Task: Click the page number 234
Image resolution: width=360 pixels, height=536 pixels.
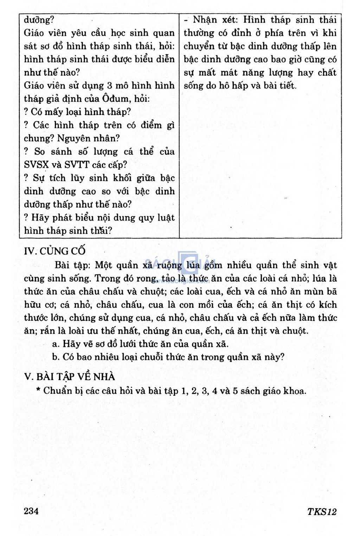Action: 31,511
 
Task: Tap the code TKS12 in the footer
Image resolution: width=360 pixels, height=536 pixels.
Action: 322,512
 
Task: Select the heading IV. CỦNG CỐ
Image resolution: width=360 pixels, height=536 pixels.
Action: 54,251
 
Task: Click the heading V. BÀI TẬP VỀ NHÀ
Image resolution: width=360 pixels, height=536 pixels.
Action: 70,377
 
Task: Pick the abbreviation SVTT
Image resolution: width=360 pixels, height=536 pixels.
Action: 77,165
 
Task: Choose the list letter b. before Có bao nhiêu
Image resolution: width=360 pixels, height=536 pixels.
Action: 56,357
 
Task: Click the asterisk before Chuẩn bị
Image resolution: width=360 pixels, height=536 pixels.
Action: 38,390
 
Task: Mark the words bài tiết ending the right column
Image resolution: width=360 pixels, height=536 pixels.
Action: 283,86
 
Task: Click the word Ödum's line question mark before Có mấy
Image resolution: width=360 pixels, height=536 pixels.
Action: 26,112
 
